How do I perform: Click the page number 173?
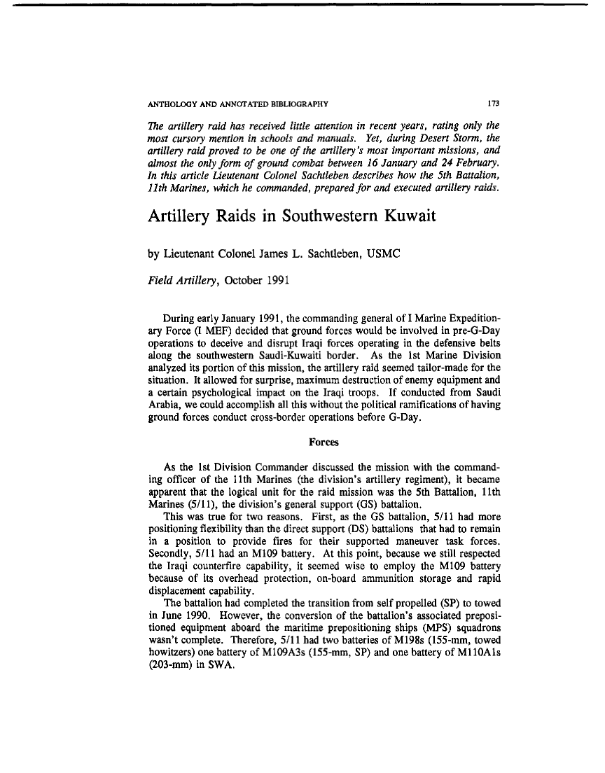pyautogui.click(x=492, y=104)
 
